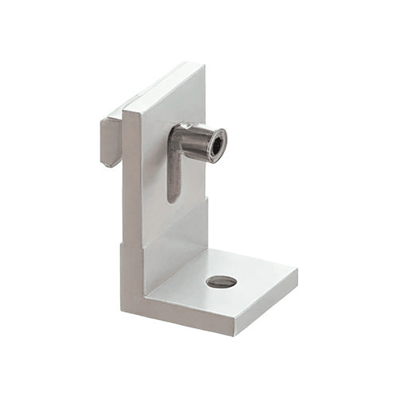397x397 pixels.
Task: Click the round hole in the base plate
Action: [221, 282]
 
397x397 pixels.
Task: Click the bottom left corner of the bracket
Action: [123, 309]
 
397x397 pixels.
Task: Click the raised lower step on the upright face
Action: [177, 243]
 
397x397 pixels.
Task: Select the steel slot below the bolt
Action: [173, 177]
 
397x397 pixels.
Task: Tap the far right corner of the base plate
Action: [297, 271]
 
